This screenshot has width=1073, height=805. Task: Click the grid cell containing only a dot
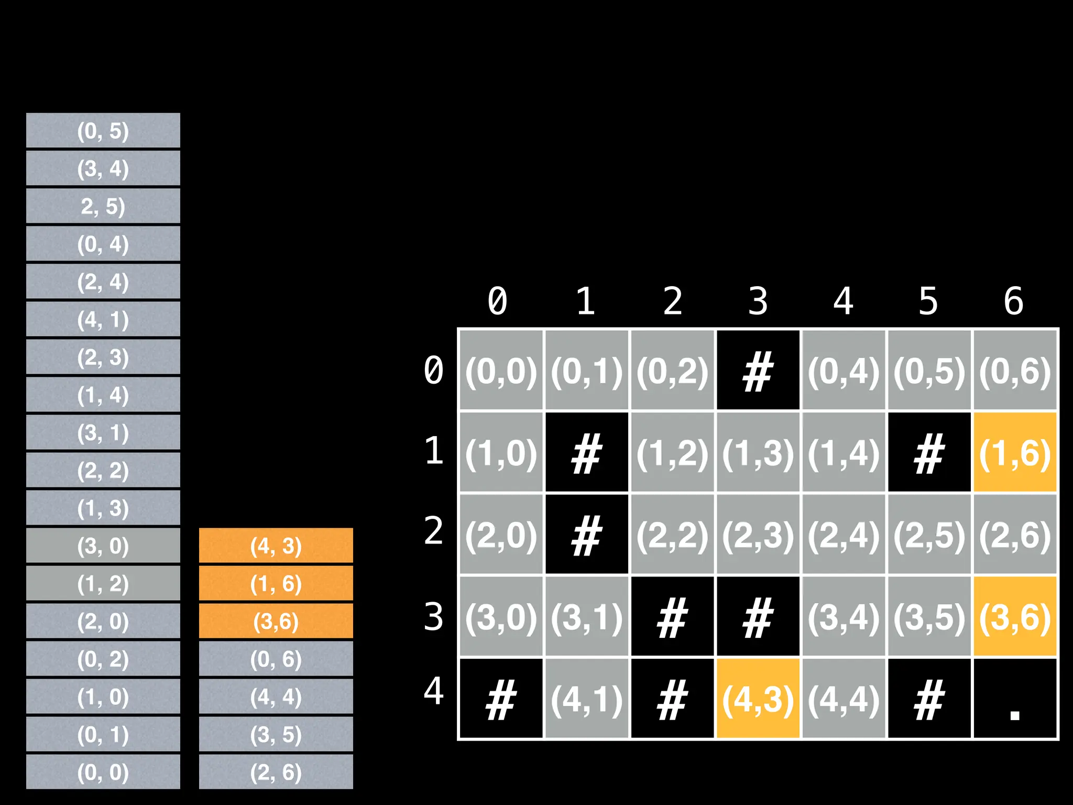(x=1015, y=699)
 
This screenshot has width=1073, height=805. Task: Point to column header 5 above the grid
(x=928, y=301)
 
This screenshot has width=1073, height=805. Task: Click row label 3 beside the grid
(x=434, y=617)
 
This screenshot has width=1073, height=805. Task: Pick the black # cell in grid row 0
(x=758, y=371)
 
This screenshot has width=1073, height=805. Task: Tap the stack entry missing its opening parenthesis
(x=103, y=206)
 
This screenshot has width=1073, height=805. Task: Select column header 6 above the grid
(x=1014, y=301)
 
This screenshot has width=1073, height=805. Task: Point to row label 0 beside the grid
(x=434, y=371)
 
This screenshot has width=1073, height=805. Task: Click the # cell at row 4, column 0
(x=501, y=699)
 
